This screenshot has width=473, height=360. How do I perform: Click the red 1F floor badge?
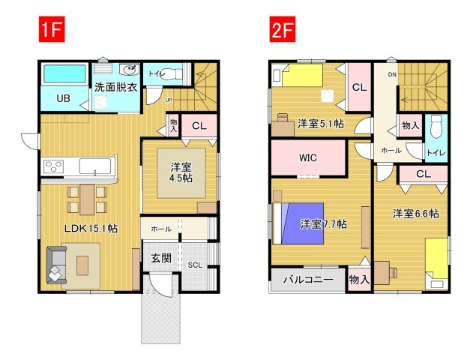[52, 29]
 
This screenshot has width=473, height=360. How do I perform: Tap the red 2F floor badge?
[283, 29]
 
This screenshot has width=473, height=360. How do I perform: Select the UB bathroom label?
[64, 98]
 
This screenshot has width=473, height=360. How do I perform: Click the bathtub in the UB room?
[64, 74]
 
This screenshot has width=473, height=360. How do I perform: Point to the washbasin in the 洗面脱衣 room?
[130, 70]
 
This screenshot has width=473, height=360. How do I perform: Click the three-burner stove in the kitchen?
[54, 166]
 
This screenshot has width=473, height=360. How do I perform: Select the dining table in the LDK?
[87, 199]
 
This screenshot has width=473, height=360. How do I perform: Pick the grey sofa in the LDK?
[56, 265]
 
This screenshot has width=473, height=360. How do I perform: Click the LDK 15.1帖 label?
[91, 229]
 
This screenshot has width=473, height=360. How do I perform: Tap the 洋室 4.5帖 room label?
[181, 172]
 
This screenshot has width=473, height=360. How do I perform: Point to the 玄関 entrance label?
[161, 258]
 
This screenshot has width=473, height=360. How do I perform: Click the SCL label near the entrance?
[195, 265]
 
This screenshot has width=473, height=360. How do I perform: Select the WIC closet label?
[308, 157]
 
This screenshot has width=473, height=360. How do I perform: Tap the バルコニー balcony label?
[308, 280]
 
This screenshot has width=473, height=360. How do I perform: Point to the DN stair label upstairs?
[392, 74]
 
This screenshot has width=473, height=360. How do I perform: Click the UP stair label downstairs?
[169, 100]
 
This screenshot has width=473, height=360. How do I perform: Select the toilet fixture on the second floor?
[436, 126]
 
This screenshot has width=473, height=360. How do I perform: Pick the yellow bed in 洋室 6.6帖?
[436, 262]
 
